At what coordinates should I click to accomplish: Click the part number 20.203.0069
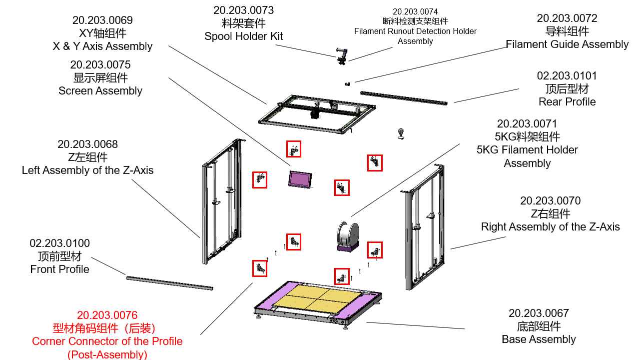tap(102, 20)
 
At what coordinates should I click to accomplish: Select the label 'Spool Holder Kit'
tap(243, 36)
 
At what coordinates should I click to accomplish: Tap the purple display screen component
tap(300, 178)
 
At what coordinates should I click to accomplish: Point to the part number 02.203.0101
tap(567, 75)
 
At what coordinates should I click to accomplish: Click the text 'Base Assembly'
tap(539, 339)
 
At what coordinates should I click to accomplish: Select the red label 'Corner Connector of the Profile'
tap(107, 341)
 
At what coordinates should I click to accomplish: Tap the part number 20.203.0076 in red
tap(107, 315)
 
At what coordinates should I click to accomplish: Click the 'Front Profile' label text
tap(59, 269)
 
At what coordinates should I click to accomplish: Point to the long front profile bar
tap(169, 282)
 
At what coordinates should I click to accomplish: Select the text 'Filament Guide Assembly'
tap(567, 44)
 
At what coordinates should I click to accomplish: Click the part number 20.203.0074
tap(415, 11)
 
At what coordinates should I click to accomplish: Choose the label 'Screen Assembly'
tap(100, 91)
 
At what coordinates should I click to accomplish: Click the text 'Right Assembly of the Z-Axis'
tap(550, 227)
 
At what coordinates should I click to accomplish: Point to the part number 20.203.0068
tap(87, 144)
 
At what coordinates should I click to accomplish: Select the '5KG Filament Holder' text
tap(527, 150)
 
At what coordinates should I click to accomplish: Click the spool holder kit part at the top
tap(341, 55)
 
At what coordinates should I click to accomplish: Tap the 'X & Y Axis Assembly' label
tap(102, 46)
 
